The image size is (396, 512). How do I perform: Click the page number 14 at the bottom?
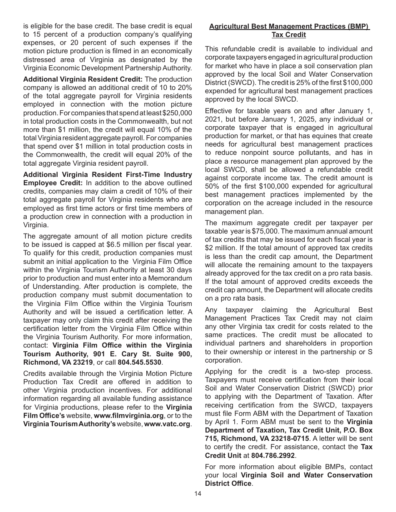click(x=198, y=494)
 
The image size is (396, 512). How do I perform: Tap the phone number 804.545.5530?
click(x=140, y=362)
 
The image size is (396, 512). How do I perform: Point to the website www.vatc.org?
click(x=167, y=424)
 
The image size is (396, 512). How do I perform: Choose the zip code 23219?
click(x=83, y=362)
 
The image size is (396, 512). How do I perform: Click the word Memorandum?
click(x=169, y=278)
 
